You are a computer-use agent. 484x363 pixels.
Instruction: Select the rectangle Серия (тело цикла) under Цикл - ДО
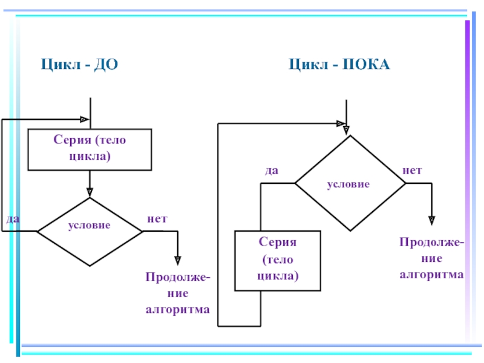coord(90,149)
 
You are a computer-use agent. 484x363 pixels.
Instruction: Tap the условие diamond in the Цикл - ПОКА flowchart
coord(348,183)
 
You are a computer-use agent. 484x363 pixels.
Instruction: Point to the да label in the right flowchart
coord(272,171)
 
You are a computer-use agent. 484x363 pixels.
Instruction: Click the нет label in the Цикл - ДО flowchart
coord(157,218)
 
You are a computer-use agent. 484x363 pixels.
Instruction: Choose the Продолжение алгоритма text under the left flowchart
coord(177,293)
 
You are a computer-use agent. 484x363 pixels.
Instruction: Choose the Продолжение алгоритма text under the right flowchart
coord(431,258)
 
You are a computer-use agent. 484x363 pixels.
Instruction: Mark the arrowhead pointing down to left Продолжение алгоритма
coord(178,260)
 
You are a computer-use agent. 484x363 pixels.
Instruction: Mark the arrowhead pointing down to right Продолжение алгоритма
coord(432,220)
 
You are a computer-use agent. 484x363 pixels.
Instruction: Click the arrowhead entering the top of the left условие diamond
coord(90,193)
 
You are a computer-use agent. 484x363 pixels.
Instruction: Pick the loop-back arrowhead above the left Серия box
coord(84,119)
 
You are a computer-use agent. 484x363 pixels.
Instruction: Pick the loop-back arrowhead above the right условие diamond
coord(338,123)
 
